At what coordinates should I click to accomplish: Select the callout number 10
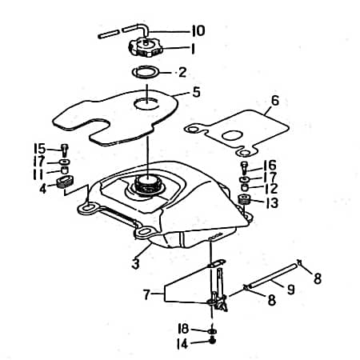tap(198, 31)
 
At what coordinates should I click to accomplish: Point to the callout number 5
tap(197, 93)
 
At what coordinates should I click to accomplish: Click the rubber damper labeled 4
tap(64, 183)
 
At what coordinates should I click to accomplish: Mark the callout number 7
tap(146, 294)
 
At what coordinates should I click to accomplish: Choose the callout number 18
tap(182, 329)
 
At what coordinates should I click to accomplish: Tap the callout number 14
tap(182, 343)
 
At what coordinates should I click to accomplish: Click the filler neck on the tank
tap(148, 185)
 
